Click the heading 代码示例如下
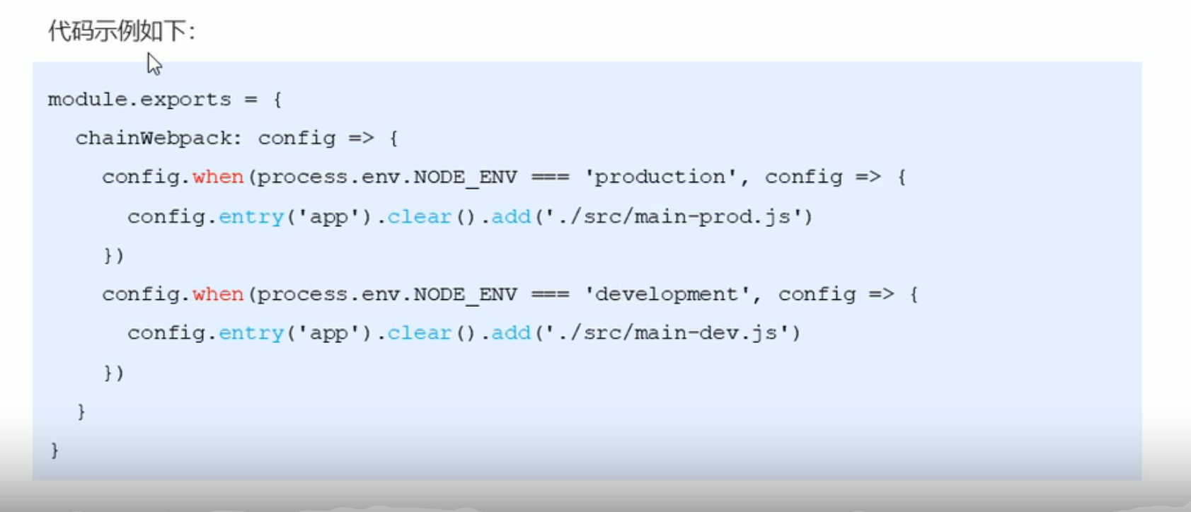(121, 31)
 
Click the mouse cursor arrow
(154, 64)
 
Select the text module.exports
(139, 100)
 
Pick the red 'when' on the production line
(218, 177)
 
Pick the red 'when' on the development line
(218, 294)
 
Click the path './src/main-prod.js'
(673, 216)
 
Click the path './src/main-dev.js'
(667, 333)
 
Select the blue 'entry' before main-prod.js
(251, 216)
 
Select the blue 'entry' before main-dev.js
(251, 333)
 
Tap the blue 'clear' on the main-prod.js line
(419, 216)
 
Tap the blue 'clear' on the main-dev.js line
(419, 333)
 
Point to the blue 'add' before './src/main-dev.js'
(511, 333)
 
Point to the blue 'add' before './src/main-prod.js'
(511, 216)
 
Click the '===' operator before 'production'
(550, 177)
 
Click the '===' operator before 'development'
(550, 294)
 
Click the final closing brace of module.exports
(55, 450)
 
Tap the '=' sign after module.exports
(251, 100)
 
